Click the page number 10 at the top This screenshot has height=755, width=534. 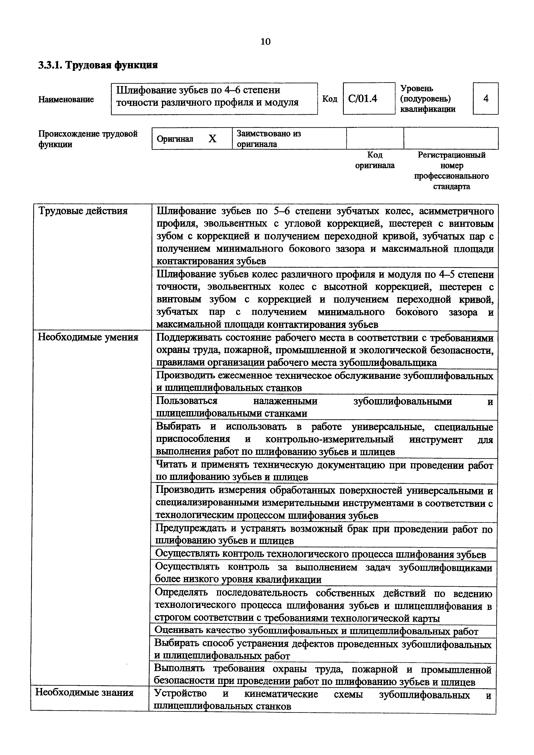tap(265, 42)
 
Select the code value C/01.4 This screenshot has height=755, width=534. tap(363, 99)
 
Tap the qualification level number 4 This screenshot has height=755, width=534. tap(486, 98)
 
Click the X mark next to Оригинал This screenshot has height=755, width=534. tap(213, 139)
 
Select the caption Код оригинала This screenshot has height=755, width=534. tap(375, 160)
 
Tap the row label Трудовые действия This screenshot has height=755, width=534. tap(83, 211)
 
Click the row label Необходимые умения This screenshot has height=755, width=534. tap(88, 337)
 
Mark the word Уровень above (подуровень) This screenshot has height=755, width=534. tap(417, 88)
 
